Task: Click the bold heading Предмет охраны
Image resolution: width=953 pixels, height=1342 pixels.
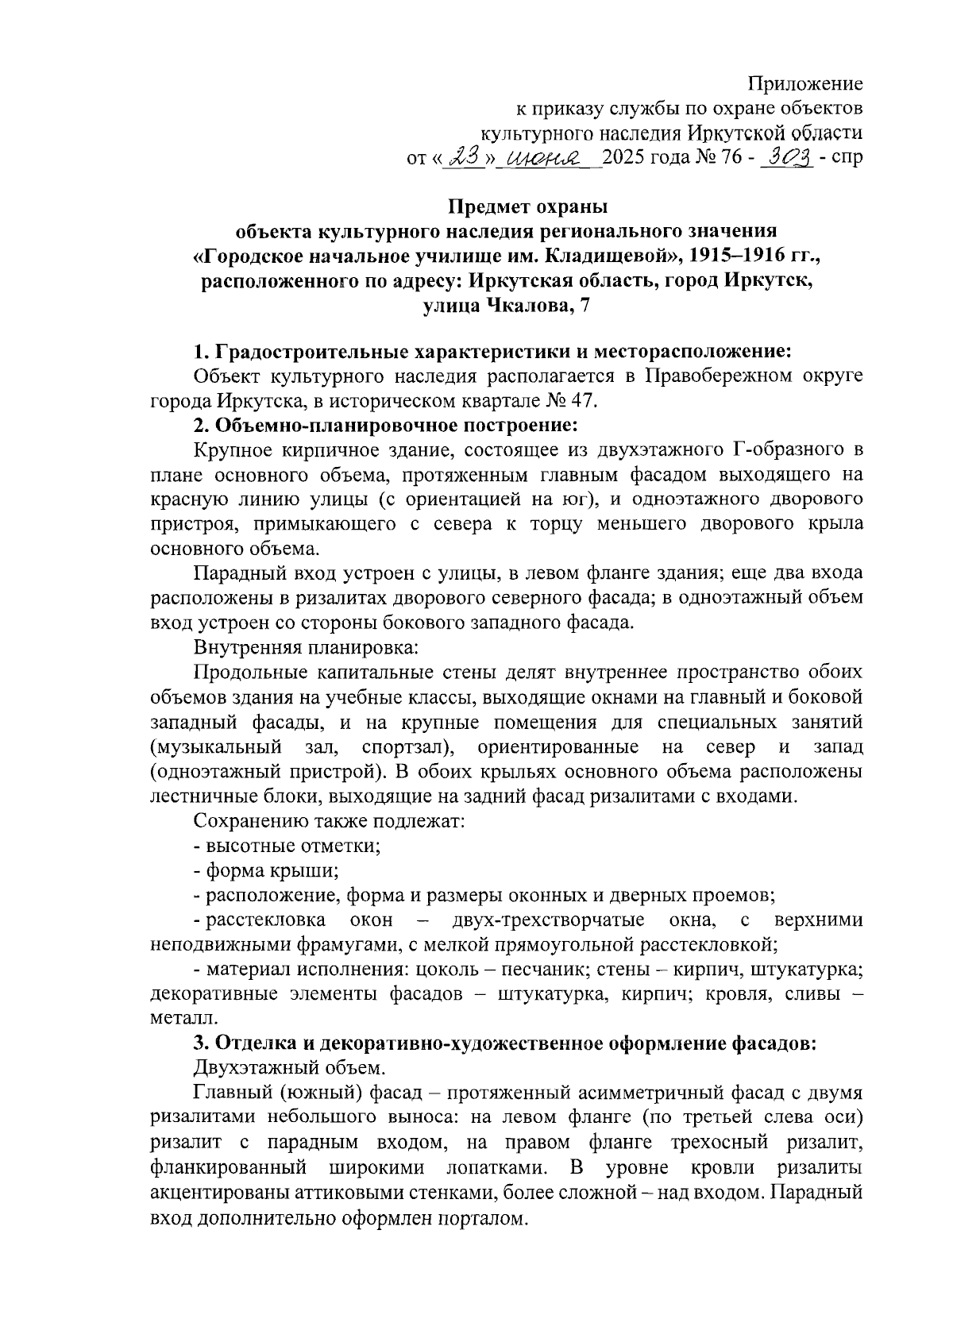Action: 527,207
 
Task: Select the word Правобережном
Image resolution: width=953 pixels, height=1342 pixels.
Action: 718,376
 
